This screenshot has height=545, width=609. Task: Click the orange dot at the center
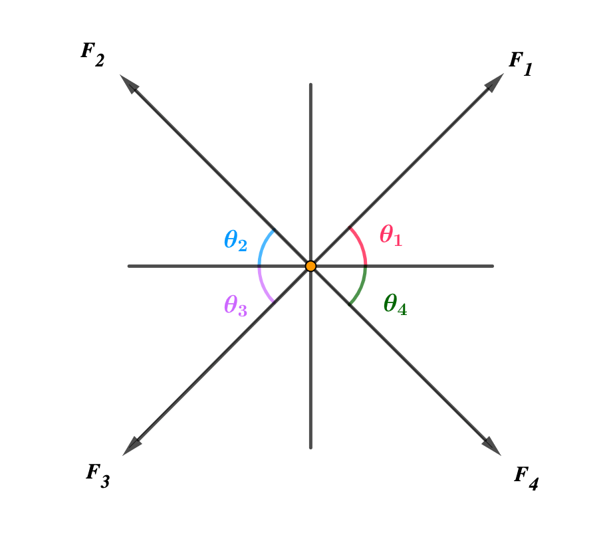[x=310, y=266]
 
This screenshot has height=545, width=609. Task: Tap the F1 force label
[x=520, y=64]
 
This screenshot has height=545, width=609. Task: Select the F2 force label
[x=92, y=55]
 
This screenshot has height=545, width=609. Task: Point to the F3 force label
[x=97, y=475]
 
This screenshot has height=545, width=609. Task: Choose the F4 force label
[x=526, y=478]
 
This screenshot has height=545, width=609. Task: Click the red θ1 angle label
[x=391, y=236]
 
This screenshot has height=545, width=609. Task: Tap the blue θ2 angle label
[x=235, y=240]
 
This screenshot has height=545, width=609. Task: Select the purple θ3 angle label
[x=235, y=305]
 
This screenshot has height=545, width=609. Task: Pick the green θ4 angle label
[x=395, y=304]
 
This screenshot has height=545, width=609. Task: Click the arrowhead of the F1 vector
[x=495, y=81]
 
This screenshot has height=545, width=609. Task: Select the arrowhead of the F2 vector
[x=128, y=82]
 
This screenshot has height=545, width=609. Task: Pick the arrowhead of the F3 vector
[x=132, y=447]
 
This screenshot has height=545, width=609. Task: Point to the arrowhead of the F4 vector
[x=493, y=447]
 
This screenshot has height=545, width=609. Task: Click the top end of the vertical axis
[x=310, y=85]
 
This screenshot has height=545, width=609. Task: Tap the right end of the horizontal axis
[x=492, y=266]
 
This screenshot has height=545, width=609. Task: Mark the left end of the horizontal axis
[x=130, y=266]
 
